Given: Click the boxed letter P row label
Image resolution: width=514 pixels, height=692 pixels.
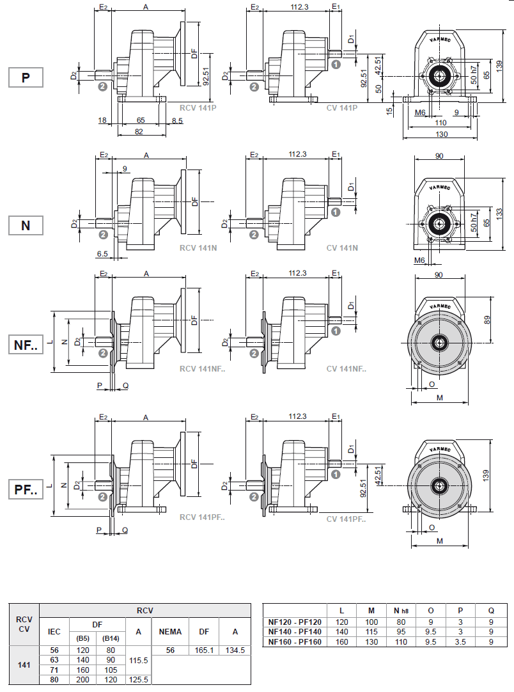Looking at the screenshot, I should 26,77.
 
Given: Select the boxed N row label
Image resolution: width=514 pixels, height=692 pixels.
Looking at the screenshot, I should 26,225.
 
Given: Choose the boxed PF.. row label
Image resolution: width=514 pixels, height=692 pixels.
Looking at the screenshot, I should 26,491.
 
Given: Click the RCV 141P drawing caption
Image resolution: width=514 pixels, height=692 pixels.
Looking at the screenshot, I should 198,107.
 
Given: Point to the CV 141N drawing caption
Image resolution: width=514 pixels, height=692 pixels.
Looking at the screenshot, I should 342,248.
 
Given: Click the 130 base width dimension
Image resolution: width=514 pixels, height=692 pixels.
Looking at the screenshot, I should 441,134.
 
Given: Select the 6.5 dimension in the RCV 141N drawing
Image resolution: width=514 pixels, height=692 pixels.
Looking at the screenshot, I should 102,254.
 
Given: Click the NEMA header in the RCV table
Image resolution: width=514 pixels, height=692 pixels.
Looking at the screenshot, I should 170,631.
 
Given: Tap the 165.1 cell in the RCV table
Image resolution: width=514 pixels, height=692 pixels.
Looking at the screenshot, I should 204,650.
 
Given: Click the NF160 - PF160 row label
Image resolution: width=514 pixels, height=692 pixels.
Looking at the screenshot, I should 295,641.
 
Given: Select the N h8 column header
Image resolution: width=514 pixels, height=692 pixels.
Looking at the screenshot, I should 401,609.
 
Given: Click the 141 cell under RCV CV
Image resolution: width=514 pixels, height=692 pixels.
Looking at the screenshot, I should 24,665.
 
